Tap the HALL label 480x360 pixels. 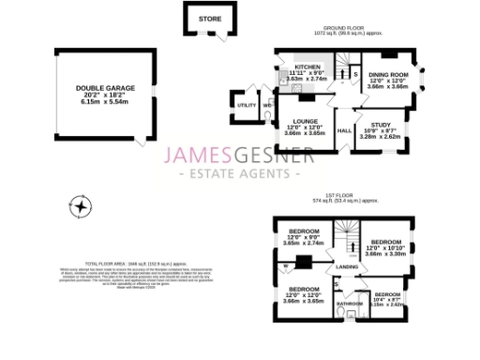[344, 131]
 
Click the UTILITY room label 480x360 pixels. [247, 106]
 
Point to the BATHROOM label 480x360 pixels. [351, 304]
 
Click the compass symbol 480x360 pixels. [83, 207]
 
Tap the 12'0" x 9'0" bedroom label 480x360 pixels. [304, 232]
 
